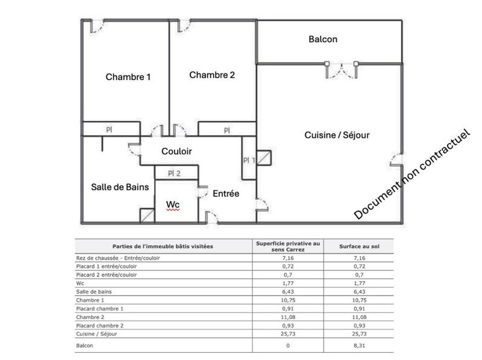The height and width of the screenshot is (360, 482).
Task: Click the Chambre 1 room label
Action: tap(128, 77)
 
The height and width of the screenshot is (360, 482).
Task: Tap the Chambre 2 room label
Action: tap(212, 75)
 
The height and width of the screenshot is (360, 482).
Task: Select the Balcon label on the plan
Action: tap(323, 40)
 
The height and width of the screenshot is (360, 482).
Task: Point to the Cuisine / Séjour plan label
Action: tap(337, 135)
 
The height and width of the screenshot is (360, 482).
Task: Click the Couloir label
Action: tap(177, 152)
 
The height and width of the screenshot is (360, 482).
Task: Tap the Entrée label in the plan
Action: tap(226, 194)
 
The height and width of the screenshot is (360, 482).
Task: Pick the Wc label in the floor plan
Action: tap(173, 205)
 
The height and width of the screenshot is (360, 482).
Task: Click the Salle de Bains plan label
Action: tap(120, 187)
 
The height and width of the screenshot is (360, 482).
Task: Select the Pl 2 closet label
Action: tap(174, 173)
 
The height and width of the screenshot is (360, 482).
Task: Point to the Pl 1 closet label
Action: tap(249, 160)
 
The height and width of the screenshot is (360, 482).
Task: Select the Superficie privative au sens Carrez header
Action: tap(288, 246)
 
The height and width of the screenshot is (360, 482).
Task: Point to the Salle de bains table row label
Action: tap(94, 291)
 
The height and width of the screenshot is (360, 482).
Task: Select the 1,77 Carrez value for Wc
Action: tap(288, 283)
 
